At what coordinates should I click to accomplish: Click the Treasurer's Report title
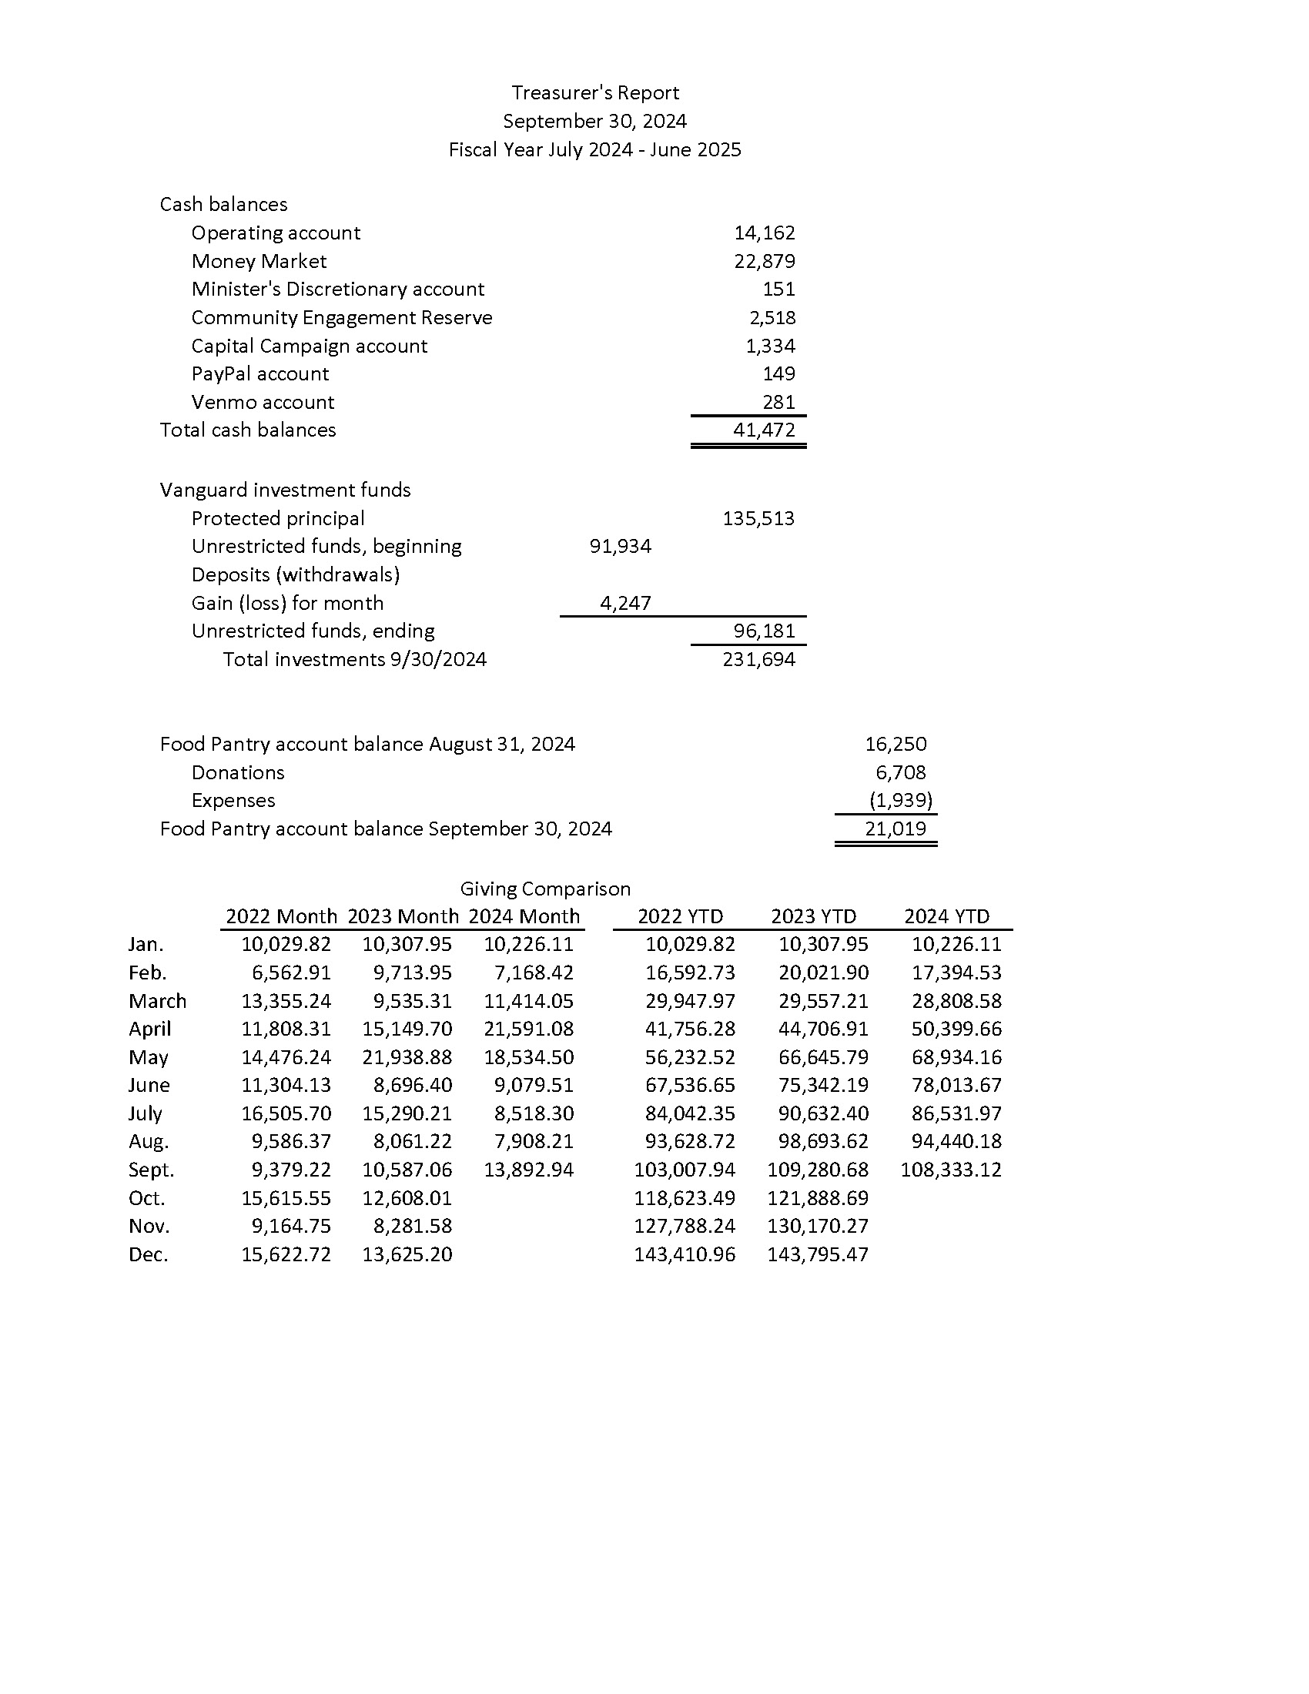pyautogui.click(x=594, y=93)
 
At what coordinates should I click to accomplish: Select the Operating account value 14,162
pyautogui.click(x=764, y=233)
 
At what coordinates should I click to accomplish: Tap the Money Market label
pyautogui.click(x=258, y=261)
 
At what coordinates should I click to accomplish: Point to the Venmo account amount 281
pyautogui.click(x=778, y=402)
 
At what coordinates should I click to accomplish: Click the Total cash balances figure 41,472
pyautogui.click(x=764, y=430)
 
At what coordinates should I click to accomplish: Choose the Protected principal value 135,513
pyautogui.click(x=758, y=518)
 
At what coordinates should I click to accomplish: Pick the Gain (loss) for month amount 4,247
pyautogui.click(x=625, y=603)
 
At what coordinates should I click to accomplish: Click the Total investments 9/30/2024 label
pyautogui.click(x=354, y=659)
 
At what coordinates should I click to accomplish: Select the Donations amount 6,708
pyautogui.click(x=900, y=772)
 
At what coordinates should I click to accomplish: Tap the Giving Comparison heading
pyautogui.click(x=545, y=888)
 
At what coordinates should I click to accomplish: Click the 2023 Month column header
pyautogui.click(x=403, y=916)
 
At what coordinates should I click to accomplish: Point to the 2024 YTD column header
pyautogui.click(x=946, y=916)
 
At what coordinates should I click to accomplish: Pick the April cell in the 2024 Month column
pyautogui.click(x=528, y=1029)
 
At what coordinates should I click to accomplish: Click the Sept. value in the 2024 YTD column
pyautogui.click(x=951, y=1170)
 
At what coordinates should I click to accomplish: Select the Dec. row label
pyautogui.click(x=148, y=1254)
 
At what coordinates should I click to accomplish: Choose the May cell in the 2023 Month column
pyautogui.click(x=407, y=1057)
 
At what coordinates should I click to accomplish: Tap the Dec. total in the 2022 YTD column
pyautogui.click(x=684, y=1254)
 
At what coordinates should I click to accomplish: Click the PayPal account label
pyautogui.click(x=259, y=374)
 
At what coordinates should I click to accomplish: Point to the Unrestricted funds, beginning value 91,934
pyautogui.click(x=620, y=546)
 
